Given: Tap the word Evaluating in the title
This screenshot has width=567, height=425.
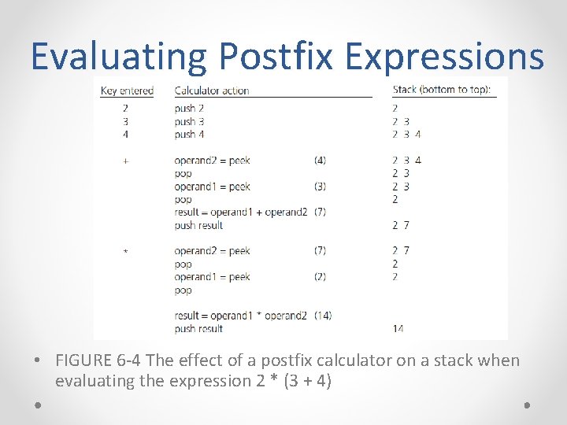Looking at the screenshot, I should tap(118, 57).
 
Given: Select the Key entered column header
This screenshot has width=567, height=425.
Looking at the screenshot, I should tap(127, 91).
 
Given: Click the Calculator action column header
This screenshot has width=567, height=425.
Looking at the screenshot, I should tap(212, 91).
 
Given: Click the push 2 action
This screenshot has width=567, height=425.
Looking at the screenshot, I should tap(190, 109).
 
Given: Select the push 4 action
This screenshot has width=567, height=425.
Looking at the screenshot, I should tap(190, 135).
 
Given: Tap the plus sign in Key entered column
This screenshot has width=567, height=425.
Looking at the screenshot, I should tap(125, 161).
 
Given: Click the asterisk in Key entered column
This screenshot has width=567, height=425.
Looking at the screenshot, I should tap(125, 252).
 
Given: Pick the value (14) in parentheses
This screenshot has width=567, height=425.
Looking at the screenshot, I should tap(323, 316).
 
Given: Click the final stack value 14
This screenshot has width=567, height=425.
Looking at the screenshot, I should tap(398, 329).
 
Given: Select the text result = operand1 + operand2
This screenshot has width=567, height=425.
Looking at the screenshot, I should tap(241, 213).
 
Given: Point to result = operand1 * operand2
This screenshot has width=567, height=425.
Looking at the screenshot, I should tap(241, 316).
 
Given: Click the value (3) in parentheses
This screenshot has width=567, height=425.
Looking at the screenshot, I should tap(320, 187).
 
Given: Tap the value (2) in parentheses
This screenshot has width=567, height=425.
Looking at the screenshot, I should tap(320, 277).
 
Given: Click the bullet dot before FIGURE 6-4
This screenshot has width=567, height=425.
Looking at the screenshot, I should tap(39, 361).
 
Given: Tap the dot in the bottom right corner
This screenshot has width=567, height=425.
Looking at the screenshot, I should tap(527, 405).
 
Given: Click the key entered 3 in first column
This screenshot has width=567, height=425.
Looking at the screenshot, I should tap(125, 122).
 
